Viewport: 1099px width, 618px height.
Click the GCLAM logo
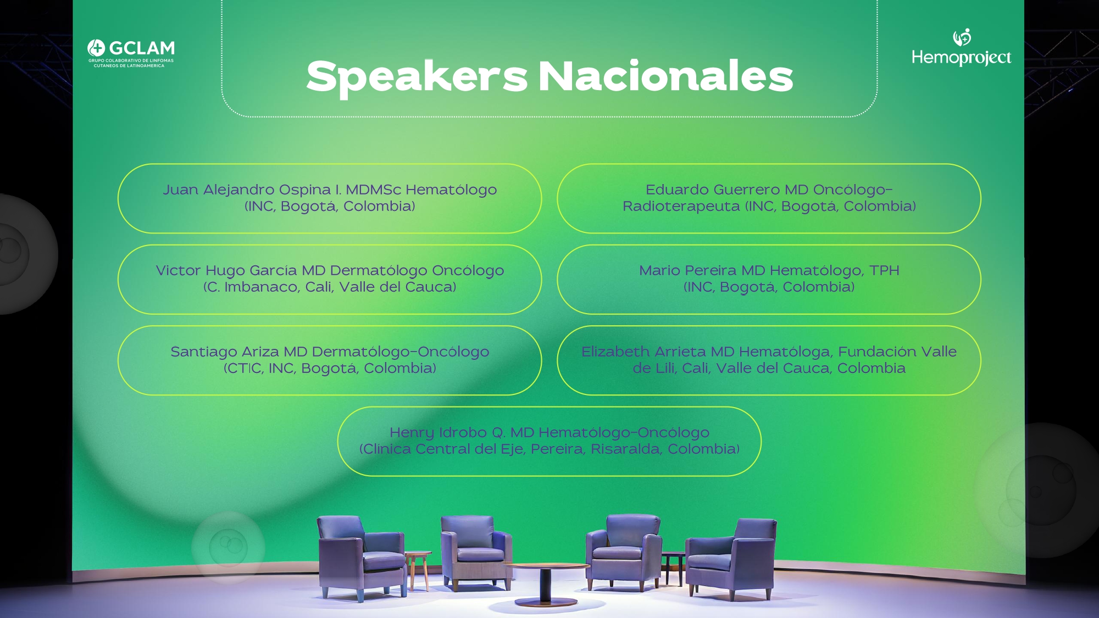(131, 53)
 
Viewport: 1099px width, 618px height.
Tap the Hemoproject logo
(961, 47)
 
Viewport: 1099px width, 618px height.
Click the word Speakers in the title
(417, 77)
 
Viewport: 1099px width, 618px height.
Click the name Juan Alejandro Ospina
(247, 190)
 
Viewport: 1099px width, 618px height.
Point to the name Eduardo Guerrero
(713, 190)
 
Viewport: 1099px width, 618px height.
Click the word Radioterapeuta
(681, 207)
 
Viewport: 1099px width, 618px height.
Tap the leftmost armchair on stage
(361, 557)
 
